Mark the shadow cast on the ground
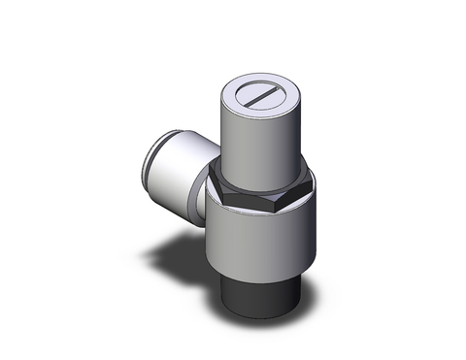tap(175, 262)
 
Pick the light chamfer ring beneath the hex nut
tap(260, 208)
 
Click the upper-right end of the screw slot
tap(278, 89)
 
